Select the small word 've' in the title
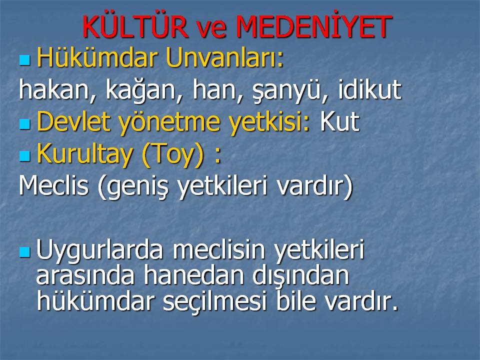(x=212, y=29)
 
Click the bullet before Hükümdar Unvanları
(x=25, y=60)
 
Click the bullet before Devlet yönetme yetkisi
(x=25, y=124)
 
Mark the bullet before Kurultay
(x=25, y=156)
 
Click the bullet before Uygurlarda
(x=25, y=252)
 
